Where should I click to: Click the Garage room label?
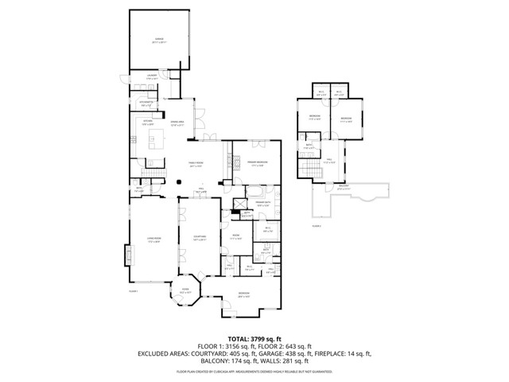159,39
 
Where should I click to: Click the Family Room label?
196,165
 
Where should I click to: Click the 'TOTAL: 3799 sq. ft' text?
254,338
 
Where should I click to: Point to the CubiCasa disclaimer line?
254,372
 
